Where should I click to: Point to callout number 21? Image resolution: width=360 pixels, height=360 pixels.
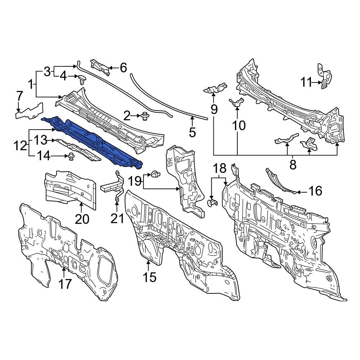click(117, 218)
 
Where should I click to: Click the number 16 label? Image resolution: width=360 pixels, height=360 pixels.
click(315, 191)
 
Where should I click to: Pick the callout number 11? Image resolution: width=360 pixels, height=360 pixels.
click(306, 82)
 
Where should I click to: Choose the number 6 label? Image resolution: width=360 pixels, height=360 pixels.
click(123, 67)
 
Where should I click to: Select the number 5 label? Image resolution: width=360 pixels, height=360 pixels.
click(192, 132)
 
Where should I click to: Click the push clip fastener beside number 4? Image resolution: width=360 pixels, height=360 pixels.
click(82, 78)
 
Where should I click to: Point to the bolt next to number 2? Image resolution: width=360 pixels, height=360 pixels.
click(146, 116)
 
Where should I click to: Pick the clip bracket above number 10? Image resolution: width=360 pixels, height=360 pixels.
click(236, 103)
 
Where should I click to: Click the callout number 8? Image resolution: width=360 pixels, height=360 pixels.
click(293, 165)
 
